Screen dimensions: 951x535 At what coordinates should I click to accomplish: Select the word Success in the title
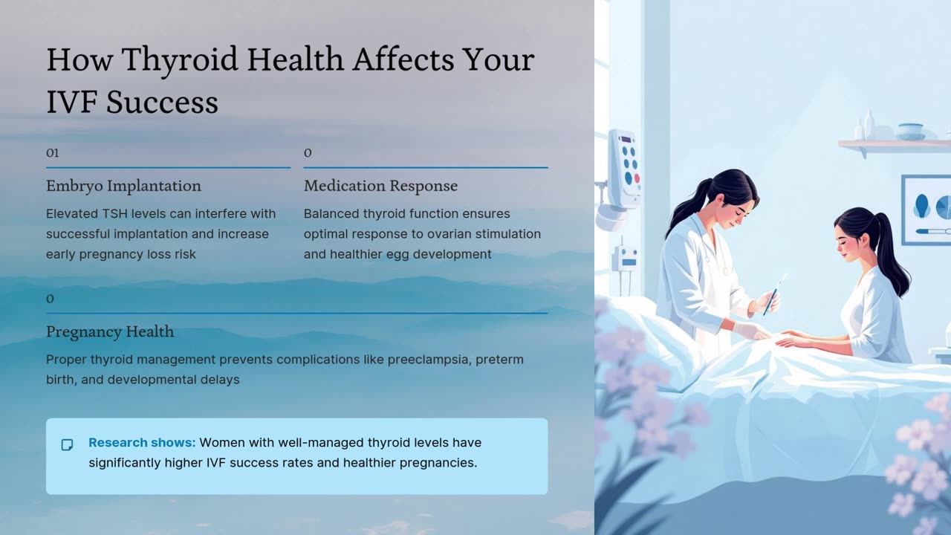point(162,102)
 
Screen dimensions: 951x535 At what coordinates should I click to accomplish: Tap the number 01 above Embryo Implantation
point(52,153)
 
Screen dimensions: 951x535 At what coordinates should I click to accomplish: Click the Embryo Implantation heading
point(123,186)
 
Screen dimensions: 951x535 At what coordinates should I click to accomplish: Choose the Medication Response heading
point(381,186)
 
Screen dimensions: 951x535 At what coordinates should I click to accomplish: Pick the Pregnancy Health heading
point(110,331)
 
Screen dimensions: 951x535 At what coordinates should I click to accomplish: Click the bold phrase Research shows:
point(142,442)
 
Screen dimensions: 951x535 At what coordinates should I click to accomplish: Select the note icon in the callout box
point(67,444)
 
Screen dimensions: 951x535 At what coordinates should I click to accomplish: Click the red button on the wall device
point(637,178)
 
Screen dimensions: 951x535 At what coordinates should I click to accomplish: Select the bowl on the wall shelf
point(910,132)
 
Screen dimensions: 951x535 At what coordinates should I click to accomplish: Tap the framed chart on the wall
point(926,210)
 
